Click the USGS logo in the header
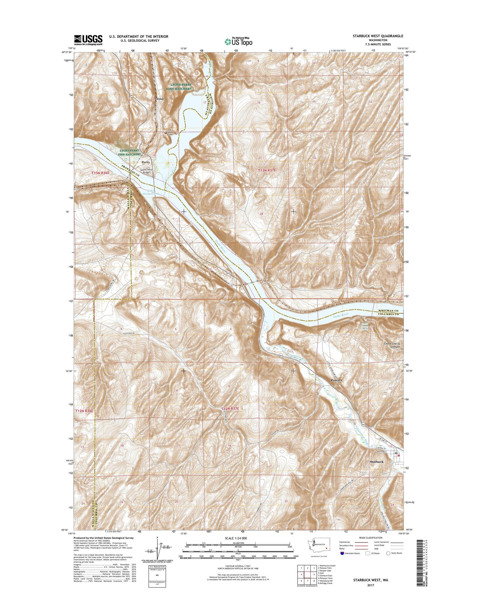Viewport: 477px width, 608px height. click(88, 40)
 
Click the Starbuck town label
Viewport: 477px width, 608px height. click(377, 461)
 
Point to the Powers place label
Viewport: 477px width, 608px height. click(336, 380)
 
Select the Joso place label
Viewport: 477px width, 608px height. click(160, 99)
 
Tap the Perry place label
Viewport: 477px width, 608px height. click(146, 162)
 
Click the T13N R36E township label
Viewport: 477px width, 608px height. click(100, 173)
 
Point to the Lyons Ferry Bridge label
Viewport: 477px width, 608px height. click(147, 171)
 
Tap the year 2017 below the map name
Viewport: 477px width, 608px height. click(370, 585)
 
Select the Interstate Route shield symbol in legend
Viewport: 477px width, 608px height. click(342, 553)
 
